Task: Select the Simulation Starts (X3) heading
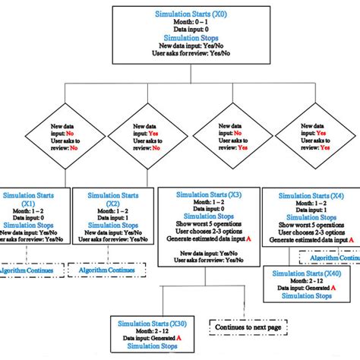207,195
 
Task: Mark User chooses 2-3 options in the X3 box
207,229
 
